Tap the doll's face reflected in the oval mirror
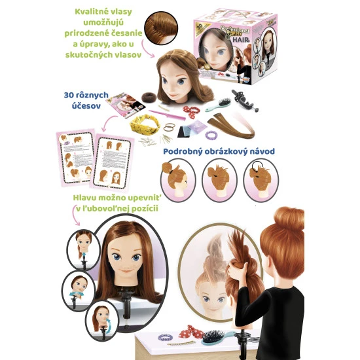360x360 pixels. pyautogui.click(x=213, y=298)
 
